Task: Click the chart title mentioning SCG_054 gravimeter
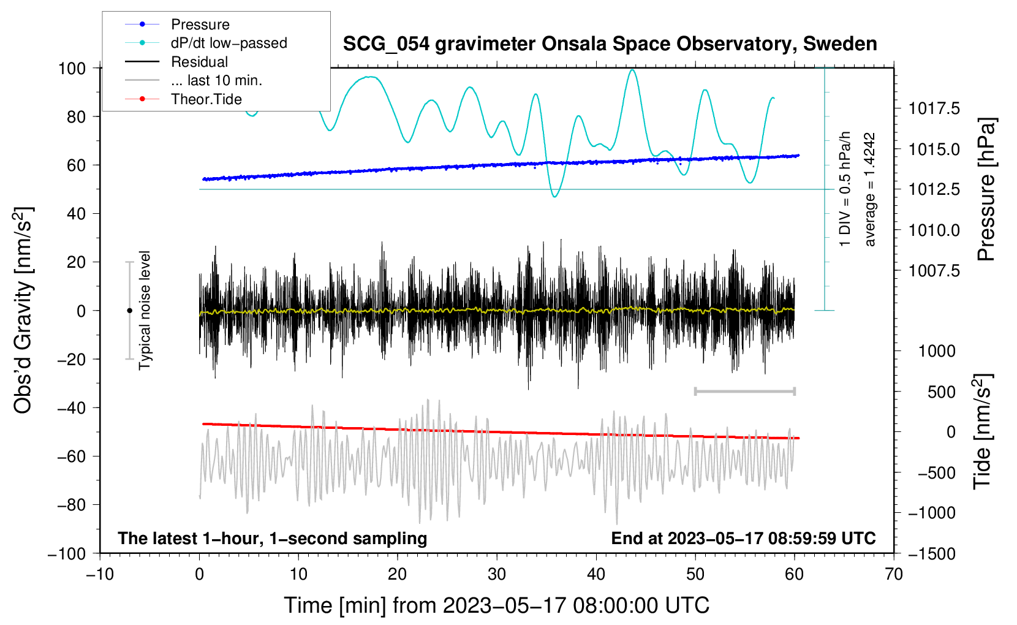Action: [610, 44]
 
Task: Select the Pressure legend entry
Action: [177, 24]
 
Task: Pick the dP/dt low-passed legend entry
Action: [206, 43]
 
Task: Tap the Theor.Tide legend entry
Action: [183, 99]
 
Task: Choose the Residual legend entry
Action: [176, 62]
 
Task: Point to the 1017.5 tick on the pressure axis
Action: [934, 108]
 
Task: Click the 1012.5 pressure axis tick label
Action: [934, 189]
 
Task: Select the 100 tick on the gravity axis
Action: [72, 69]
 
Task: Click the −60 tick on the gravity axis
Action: [71, 456]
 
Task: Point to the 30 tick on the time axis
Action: [497, 575]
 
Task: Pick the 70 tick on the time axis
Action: [894, 575]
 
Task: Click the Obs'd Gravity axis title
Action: [23, 310]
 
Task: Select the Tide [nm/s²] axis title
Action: [983, 431]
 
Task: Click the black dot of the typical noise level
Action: [129, 311]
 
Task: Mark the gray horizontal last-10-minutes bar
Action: [745, 391]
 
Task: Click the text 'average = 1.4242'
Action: [869, 189]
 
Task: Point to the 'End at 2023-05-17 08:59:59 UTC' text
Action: [743, 538]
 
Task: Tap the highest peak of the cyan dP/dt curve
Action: [632, 69]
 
